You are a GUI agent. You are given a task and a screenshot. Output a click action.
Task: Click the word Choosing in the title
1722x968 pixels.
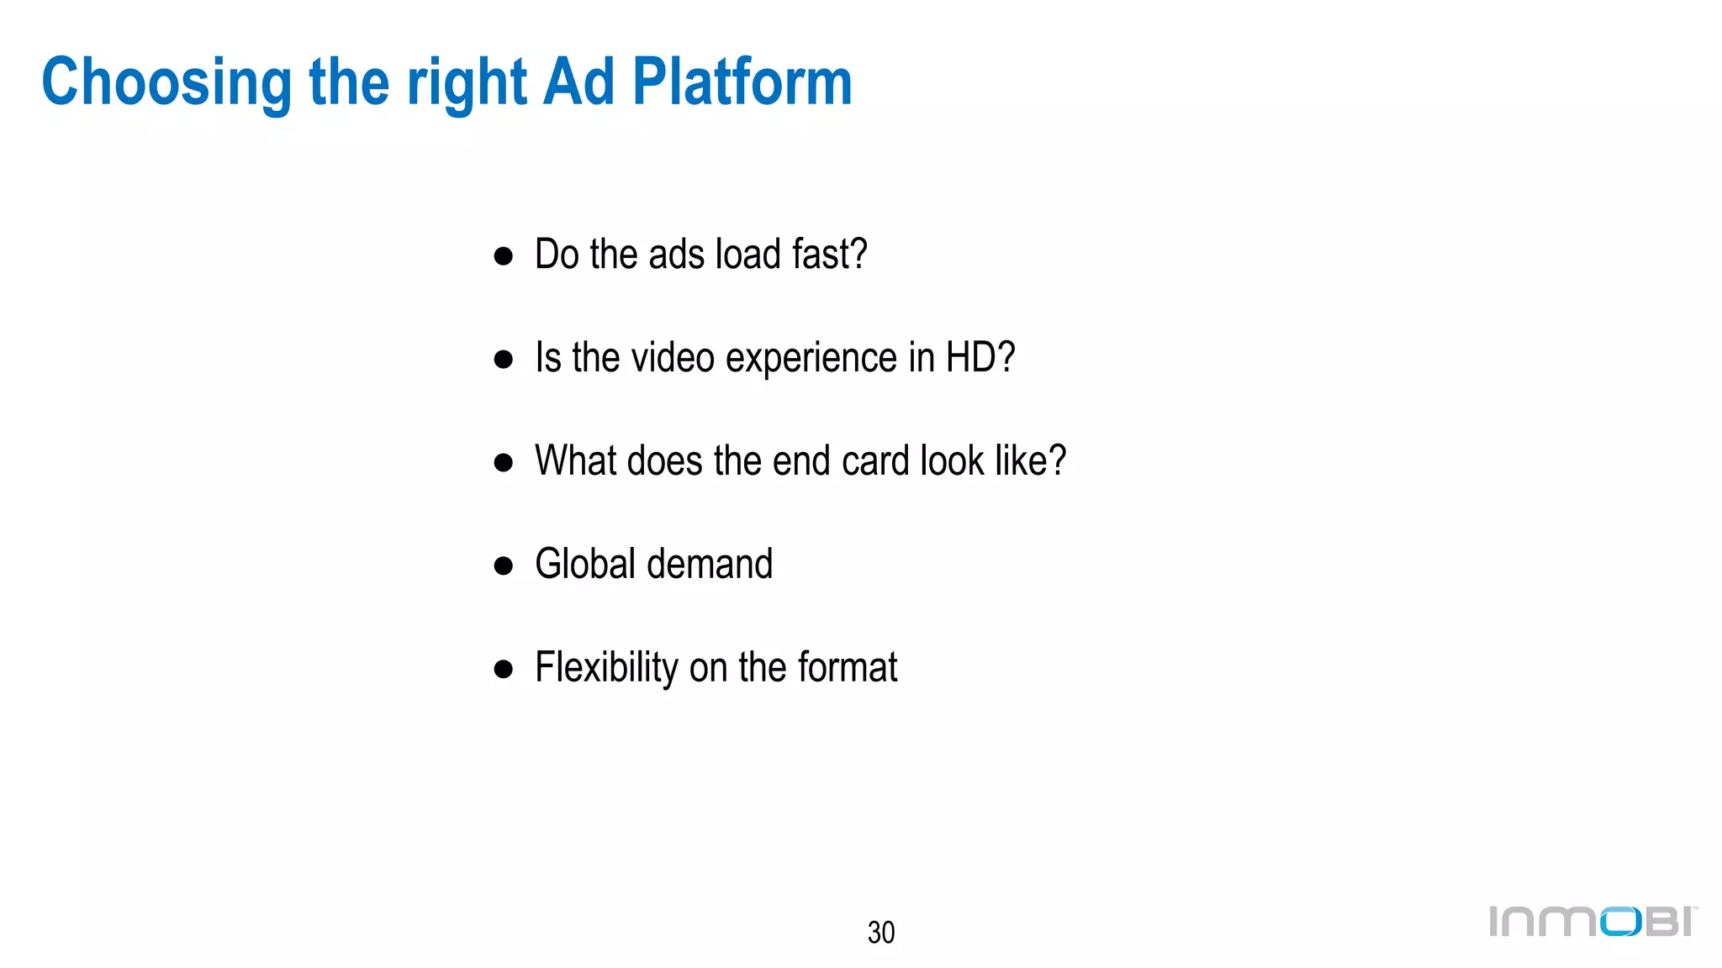166,83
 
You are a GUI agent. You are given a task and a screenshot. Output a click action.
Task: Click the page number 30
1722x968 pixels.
880,932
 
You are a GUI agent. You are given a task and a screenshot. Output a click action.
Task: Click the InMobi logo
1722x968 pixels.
1592,921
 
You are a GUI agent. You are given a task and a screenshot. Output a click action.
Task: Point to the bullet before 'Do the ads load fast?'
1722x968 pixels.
503,256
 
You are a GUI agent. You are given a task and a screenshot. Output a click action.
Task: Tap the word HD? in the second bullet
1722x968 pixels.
980,358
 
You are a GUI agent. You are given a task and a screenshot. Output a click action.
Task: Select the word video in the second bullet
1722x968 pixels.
673,358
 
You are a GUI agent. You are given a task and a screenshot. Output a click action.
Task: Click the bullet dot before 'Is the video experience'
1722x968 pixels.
503,360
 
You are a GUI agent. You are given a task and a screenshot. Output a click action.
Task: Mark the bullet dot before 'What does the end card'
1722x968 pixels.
503,463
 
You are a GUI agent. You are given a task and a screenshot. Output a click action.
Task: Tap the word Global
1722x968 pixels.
585,564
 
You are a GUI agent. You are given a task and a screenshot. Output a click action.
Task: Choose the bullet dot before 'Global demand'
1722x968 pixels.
503,566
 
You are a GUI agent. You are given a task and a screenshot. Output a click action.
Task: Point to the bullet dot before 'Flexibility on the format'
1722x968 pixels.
503,670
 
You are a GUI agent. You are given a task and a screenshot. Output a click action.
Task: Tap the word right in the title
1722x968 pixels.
467,83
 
